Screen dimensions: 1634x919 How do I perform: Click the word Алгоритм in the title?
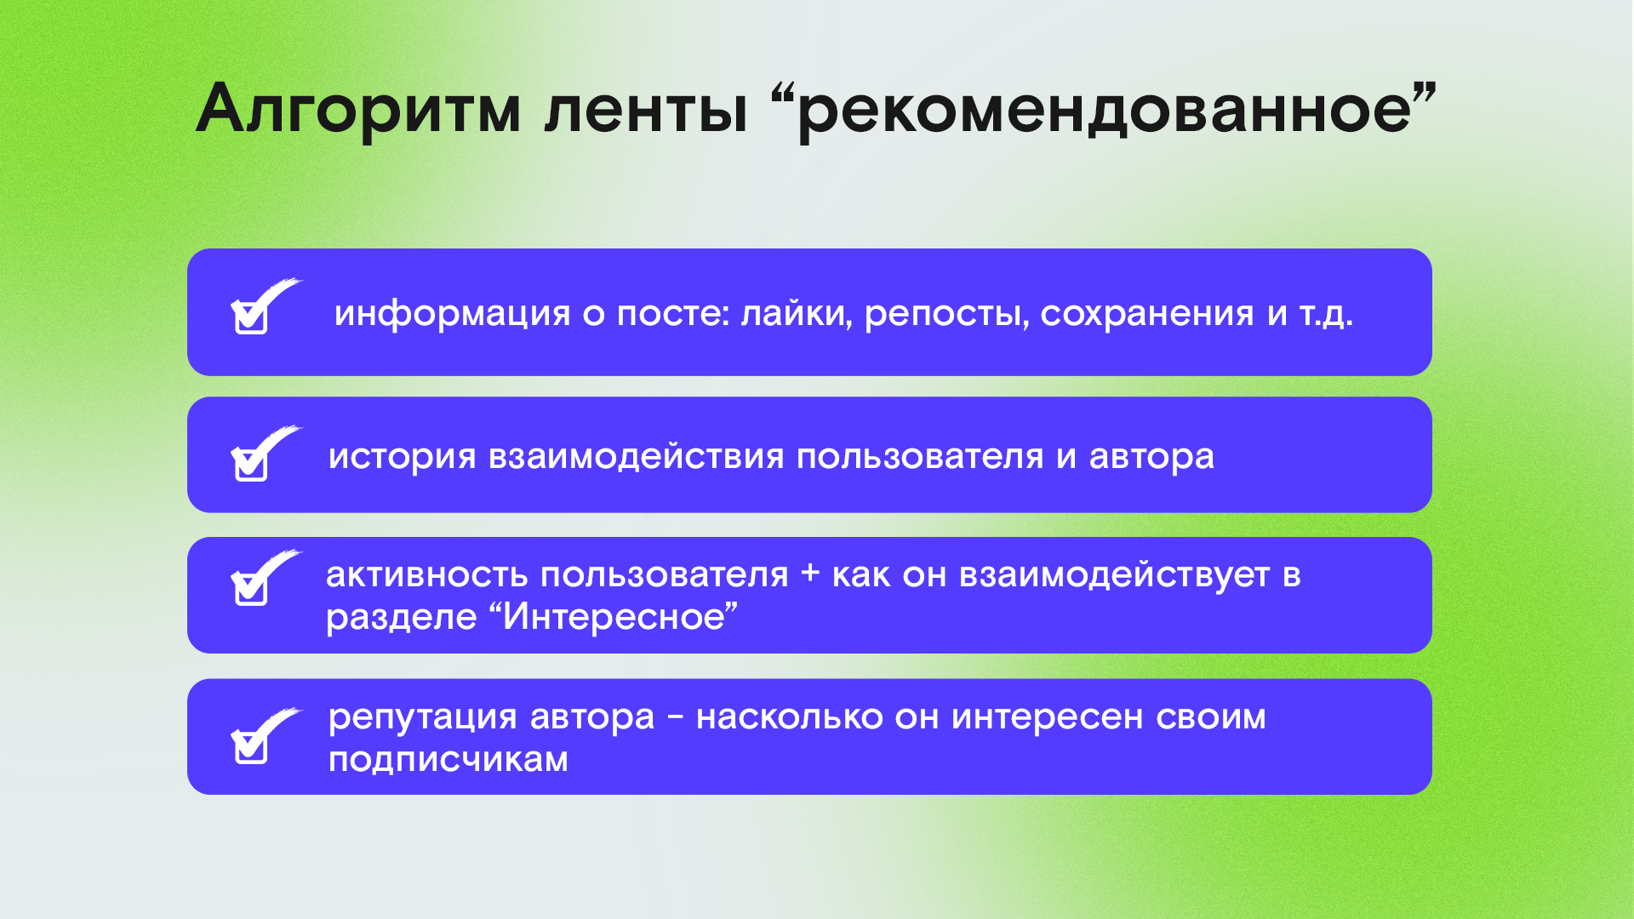(x=358, y=109)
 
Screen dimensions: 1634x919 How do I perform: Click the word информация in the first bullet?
(x=452, y=313)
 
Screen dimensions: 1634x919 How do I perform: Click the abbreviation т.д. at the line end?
(x=1326, y=315)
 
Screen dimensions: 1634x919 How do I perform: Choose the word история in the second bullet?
(x=402, y=457)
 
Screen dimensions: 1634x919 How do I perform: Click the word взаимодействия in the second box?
(x=637, y=457)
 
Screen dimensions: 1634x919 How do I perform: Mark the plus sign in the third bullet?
(x=810, y=574)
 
